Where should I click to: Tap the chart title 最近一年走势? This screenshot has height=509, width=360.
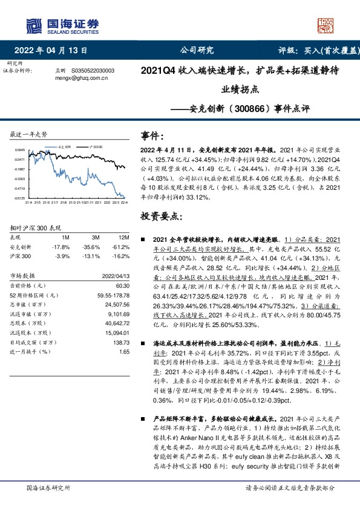29,134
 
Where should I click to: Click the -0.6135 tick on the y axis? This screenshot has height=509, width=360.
20,197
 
